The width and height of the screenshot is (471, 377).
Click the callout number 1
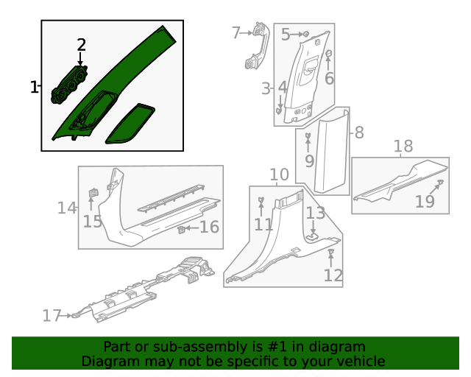pyautogui.click(x=34, y=88)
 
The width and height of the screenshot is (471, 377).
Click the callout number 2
pyautogui.click(x=81, y=46)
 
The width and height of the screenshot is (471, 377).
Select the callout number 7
pyautogui.click(x=236, y=33)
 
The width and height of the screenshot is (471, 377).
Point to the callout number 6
pyautogui.click(x=329, y=78)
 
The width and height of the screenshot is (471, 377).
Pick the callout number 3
pyautogui.click(x=266, y=89)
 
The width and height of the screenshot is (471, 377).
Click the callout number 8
pyautogui.click(x=358, y=133)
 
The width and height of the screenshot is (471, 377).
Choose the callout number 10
pyautogui.click(x=279, y=175)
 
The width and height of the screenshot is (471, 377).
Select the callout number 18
pyautogui.click(x=403, y=147)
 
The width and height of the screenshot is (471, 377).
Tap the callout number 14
pyautogui.click(x=67, y=208)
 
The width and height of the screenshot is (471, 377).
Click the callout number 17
pyautogui.click(x=52, y=316)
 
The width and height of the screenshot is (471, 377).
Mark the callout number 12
pyautogui.click(x=333, y=275)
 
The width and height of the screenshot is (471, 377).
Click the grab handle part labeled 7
pyautogui.click(x=256, y=48)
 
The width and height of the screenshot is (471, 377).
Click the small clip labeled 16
pyautogui.click(x=181, y=229)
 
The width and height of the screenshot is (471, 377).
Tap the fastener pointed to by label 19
pyautogui.click(x=440, y=182)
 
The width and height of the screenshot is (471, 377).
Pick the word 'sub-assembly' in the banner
pyautogui.click(x=176, y=346)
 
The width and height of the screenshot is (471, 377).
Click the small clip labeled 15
pyautogui.click(x=93, y=193)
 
